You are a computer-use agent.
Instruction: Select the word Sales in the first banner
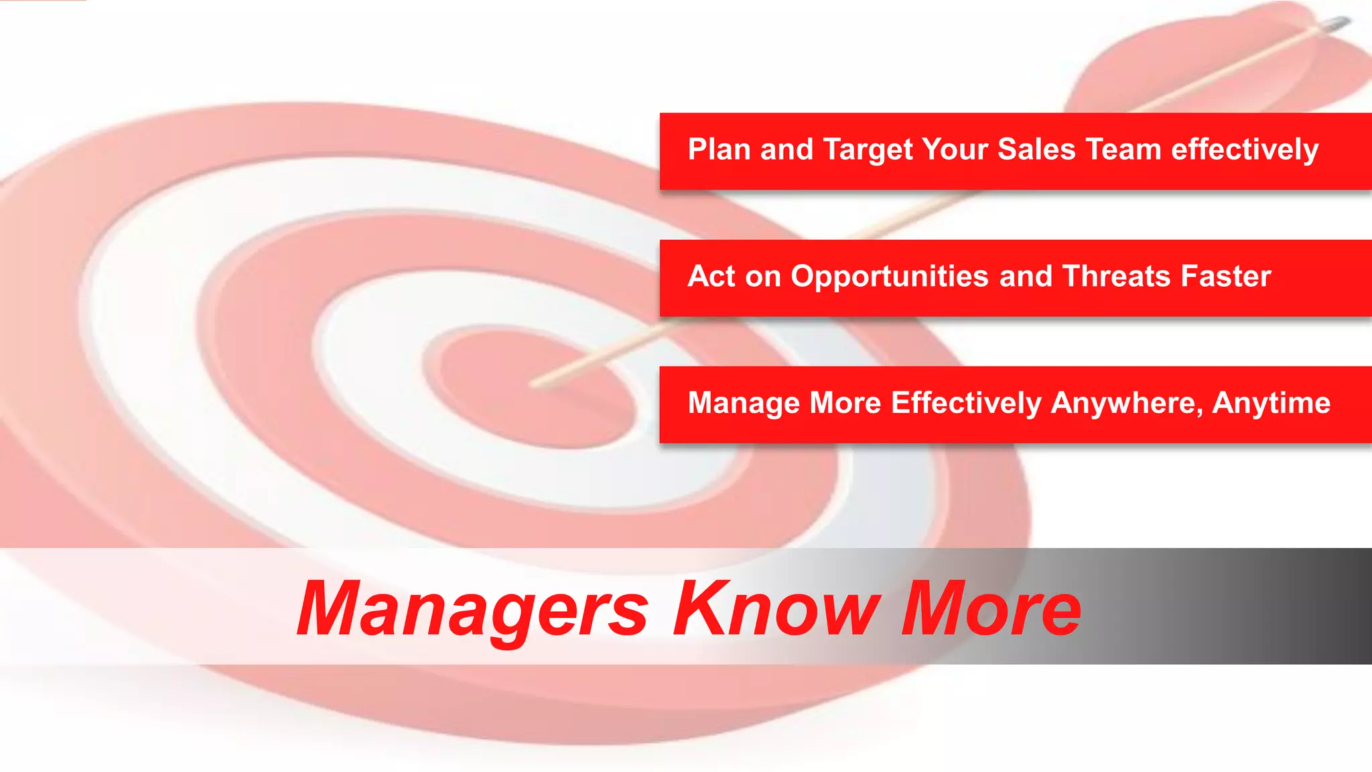click(1036, 149)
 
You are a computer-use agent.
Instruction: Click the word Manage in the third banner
click(744, 403)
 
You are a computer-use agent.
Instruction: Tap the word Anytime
click(1272, 403)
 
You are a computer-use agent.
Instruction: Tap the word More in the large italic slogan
click(990, 608)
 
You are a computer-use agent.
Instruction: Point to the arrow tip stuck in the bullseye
click(536, 385)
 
